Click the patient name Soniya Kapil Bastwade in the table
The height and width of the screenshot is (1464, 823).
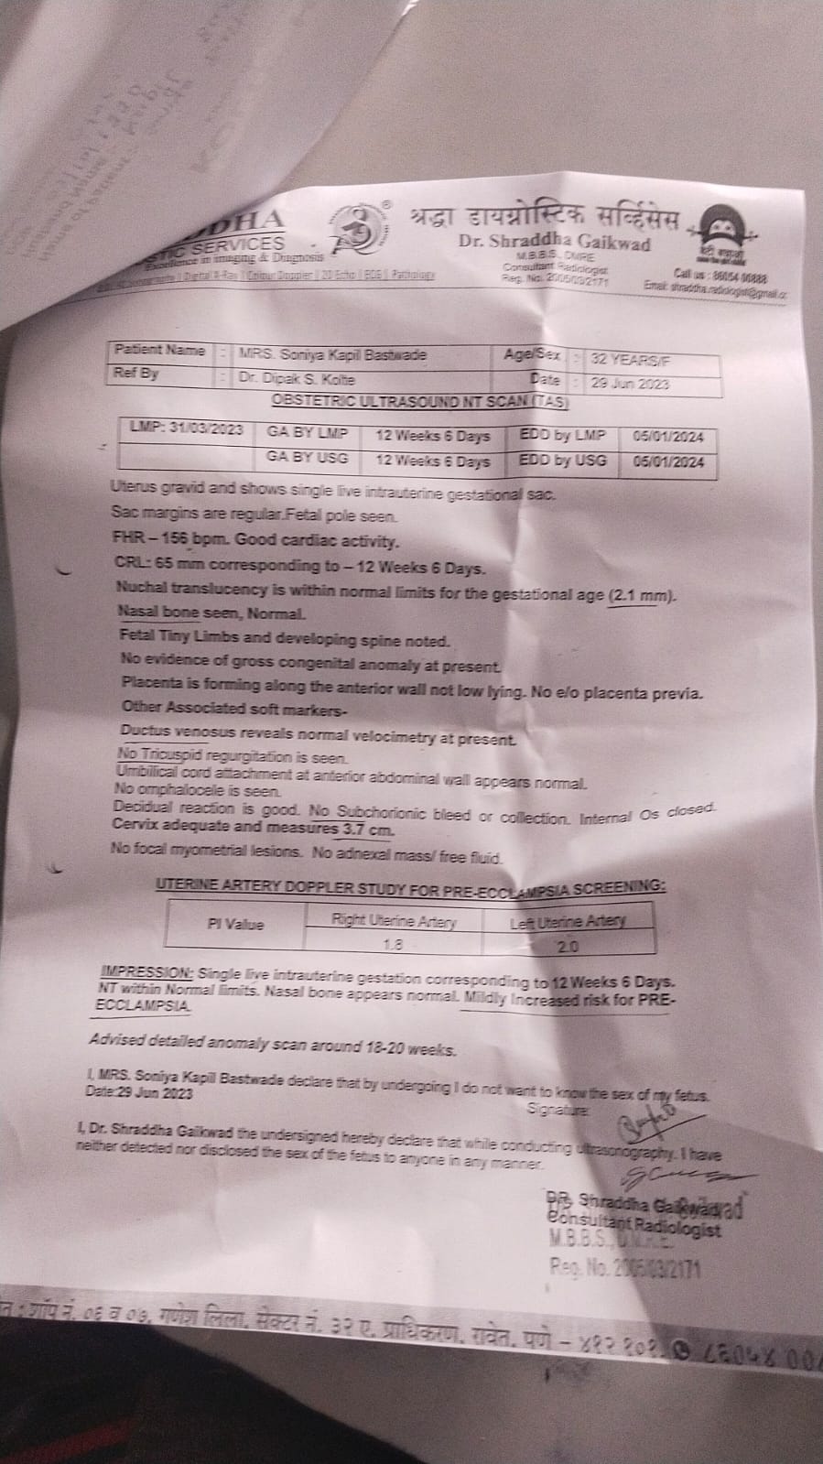332,354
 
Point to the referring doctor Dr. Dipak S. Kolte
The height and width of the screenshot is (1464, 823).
297,378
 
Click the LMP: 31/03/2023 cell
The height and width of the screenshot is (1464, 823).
186,429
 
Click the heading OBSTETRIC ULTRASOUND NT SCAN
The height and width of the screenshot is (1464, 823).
420,401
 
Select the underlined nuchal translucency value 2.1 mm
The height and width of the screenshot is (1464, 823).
641,596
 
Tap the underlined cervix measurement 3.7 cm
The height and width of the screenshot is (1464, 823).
367,830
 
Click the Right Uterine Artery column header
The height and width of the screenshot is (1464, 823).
393,921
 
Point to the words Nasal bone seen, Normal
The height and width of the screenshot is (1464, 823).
211,613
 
